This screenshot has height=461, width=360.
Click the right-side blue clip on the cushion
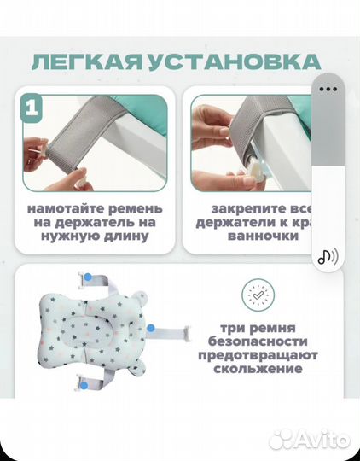[x=150, y=326]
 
